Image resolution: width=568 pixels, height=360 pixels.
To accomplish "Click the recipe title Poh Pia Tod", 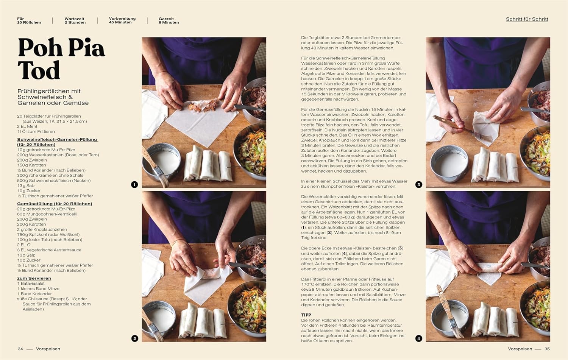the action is click(x=61, y=59).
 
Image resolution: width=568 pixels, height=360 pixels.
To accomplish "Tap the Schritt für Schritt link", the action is click(x=527, y=19).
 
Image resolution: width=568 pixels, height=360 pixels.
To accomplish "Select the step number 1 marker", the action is click(x=134, y=184).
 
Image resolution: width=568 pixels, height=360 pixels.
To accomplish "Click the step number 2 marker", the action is click(x=134, y=338).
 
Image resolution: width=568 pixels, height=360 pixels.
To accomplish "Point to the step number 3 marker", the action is click(x=419, y=184).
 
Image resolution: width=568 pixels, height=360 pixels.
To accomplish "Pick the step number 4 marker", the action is click(x=419, y=338).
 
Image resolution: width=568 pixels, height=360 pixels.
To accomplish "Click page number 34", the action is click(x=20, y=349).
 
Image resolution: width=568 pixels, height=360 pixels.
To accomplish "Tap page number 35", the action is click(x=547, y=349).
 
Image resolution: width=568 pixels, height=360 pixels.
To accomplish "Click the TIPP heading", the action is click(x=306, y=315).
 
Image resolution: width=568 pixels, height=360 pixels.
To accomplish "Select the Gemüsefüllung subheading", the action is click(x=55, y=204).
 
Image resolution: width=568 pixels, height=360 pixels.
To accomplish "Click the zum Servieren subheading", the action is click(x=34, y=278).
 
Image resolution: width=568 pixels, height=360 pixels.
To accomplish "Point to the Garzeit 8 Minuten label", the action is click(x=169, y=20).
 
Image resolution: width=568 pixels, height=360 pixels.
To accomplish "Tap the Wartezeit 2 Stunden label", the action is click(x=75, y=20).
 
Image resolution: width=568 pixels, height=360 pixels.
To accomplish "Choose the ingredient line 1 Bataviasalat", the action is click(x=31, y=284).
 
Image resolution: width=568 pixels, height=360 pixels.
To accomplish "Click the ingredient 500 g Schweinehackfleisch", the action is click(x=54, y=181).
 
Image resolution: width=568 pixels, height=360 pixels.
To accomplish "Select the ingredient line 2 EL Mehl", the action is click(x=27, y=126).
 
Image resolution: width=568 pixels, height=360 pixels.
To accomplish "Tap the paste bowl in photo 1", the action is click(x=161, y=160).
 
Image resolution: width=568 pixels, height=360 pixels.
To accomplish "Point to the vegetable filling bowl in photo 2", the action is click(x=247, y=308).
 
